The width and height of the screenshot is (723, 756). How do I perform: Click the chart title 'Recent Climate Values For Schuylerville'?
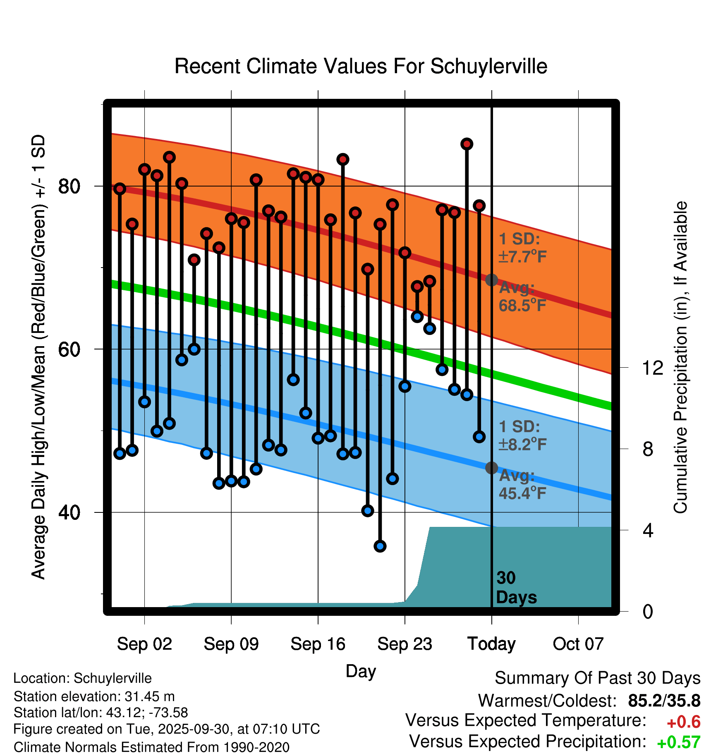tap(361, 67)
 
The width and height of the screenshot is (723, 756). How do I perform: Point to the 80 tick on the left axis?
tap(69, 187)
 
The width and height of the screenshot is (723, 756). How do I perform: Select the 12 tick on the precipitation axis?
tap(653, 368)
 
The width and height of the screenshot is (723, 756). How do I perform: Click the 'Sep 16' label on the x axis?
tap(318, 644)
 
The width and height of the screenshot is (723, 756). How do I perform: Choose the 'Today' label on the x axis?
tap(491, 644)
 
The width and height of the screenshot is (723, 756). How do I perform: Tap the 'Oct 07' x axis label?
tap(578, 644)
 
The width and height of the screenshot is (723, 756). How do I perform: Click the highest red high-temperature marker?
tap(467, 144)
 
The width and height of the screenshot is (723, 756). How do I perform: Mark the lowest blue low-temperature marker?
tap(380, 546)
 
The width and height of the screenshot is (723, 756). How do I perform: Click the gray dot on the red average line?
tap(491, 280)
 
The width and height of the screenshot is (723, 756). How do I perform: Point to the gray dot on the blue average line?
tap(491, 468)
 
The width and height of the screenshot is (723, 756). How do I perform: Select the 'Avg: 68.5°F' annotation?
tap(522, 297)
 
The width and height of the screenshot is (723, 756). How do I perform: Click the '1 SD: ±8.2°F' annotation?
tap(522, 435)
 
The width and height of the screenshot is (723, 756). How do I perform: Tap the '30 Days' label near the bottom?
tap(516, 588)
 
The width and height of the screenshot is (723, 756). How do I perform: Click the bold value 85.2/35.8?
tap(664, 701)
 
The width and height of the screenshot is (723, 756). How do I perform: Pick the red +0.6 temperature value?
tap(683, 722)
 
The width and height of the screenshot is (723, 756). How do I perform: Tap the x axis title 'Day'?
tap(361, 671)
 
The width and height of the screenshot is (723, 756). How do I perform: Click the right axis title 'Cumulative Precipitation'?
tap(680, 357)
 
